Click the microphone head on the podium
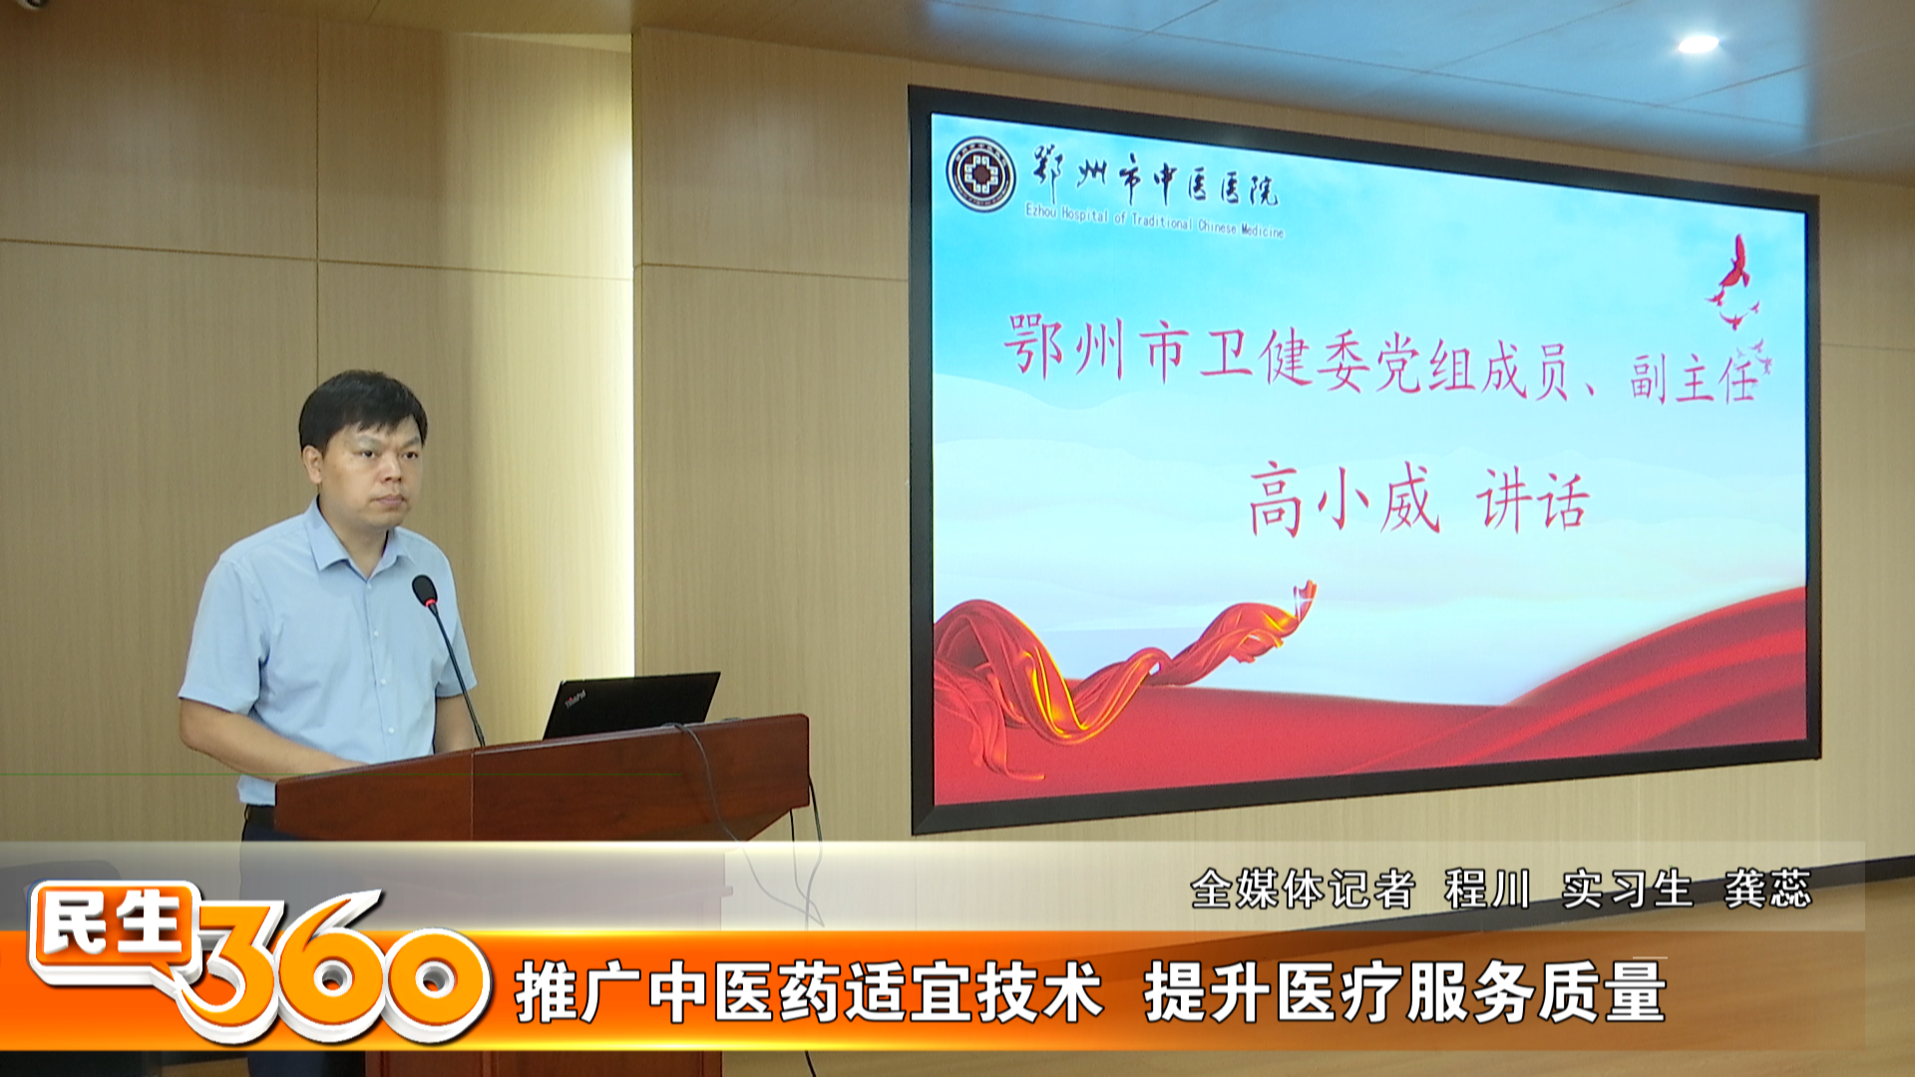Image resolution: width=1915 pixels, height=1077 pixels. pyautogui.click(x=425, y=591)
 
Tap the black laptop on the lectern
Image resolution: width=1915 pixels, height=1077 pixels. pyautogui.click(x=631, y=705)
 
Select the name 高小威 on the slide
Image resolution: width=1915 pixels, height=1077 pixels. pyautogui.click(x=1344, y=501)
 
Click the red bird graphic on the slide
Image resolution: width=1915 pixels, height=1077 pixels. pyautogui.click(x=1735, y=284)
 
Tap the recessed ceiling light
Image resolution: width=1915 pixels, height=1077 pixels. pyautogui.click(x=1698, y=43)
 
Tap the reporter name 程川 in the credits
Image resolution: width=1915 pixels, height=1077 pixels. pyautogui.click(x=1487, y=889)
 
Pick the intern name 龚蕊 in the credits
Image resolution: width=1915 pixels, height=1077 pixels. pyautogui.click(x=1767, y=889)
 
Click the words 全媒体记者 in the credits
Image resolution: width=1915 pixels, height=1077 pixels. pyautogui.click(x=1303, y=889)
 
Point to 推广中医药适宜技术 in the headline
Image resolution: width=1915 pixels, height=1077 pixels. pyautogui.click(x=809, y=992)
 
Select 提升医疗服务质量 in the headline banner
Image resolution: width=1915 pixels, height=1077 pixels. pyautogui.click(x=1405, y=992)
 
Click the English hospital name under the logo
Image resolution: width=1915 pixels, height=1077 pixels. pyautogui.click(x=1154, y=221)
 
